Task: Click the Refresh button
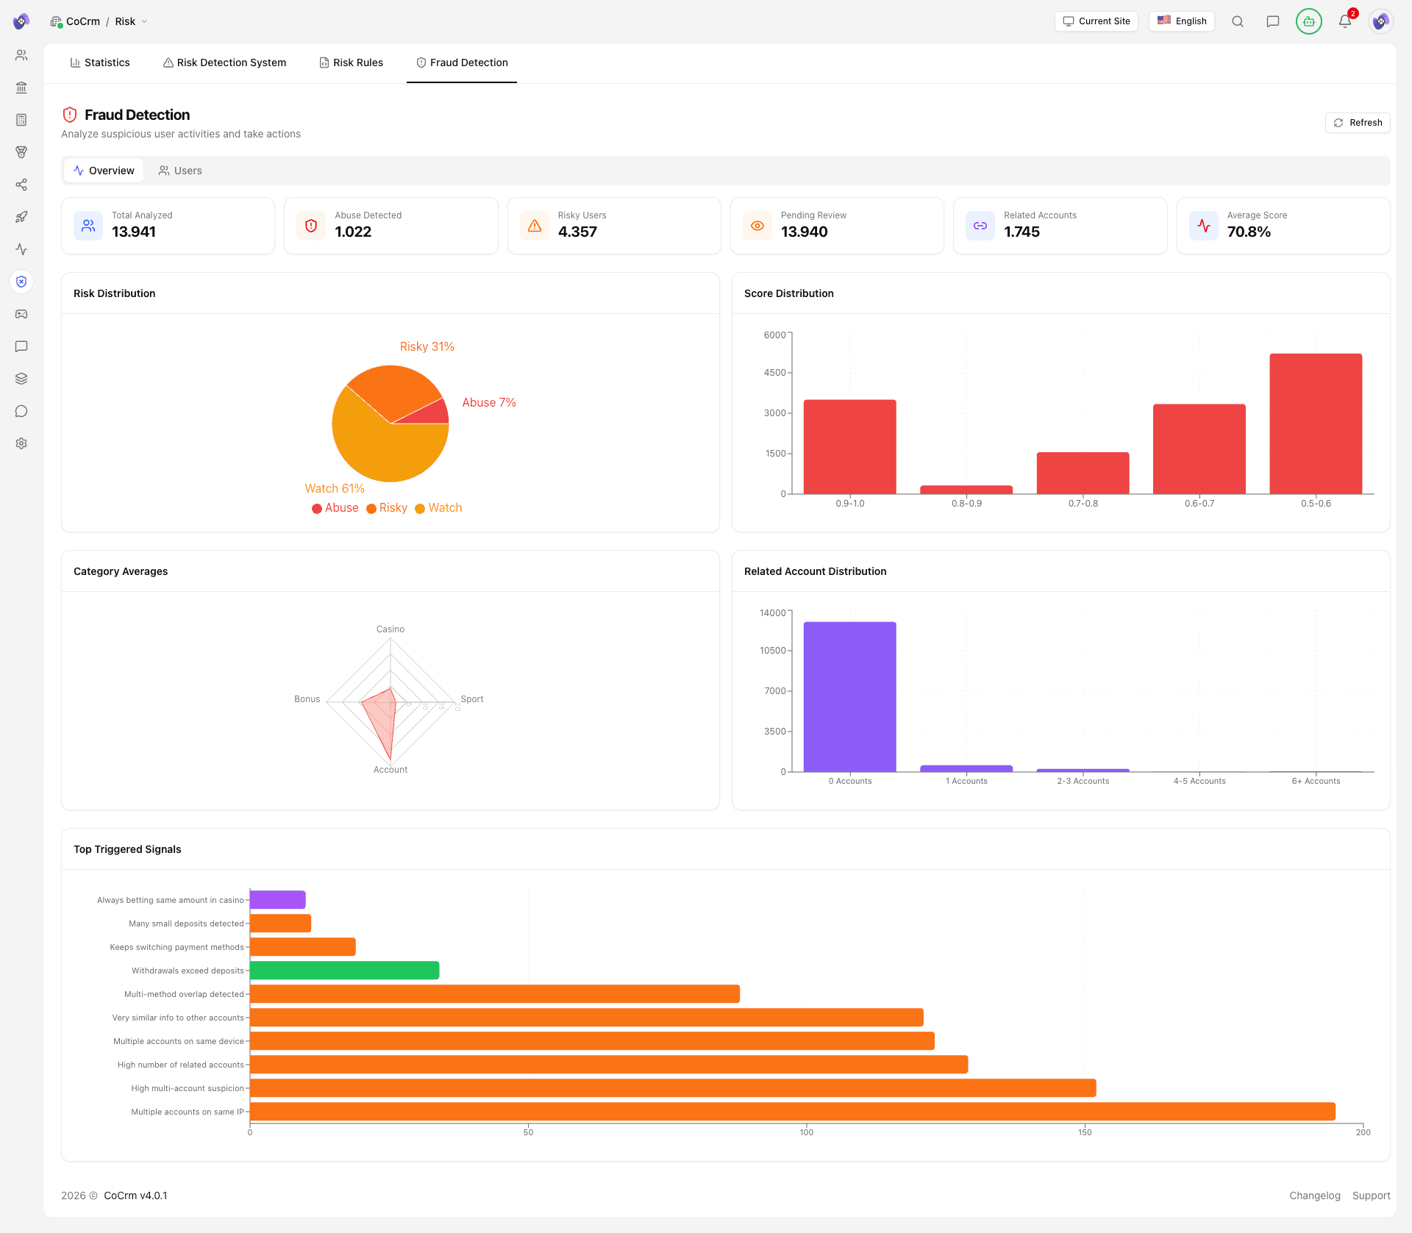1358,123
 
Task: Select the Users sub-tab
180,171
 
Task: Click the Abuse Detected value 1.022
353,232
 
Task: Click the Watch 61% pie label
335,488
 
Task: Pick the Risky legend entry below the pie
387,508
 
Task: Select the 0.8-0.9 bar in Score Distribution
966,490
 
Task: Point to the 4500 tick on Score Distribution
774,373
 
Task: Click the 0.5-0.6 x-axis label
1315,504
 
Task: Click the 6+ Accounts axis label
1315,781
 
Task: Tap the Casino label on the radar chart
390,629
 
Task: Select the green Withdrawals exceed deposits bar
344,971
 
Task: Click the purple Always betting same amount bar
277,900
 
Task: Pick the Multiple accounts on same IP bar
792,1112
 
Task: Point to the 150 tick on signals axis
1084,1132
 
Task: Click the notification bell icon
1344,21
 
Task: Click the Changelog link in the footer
1314,1196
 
